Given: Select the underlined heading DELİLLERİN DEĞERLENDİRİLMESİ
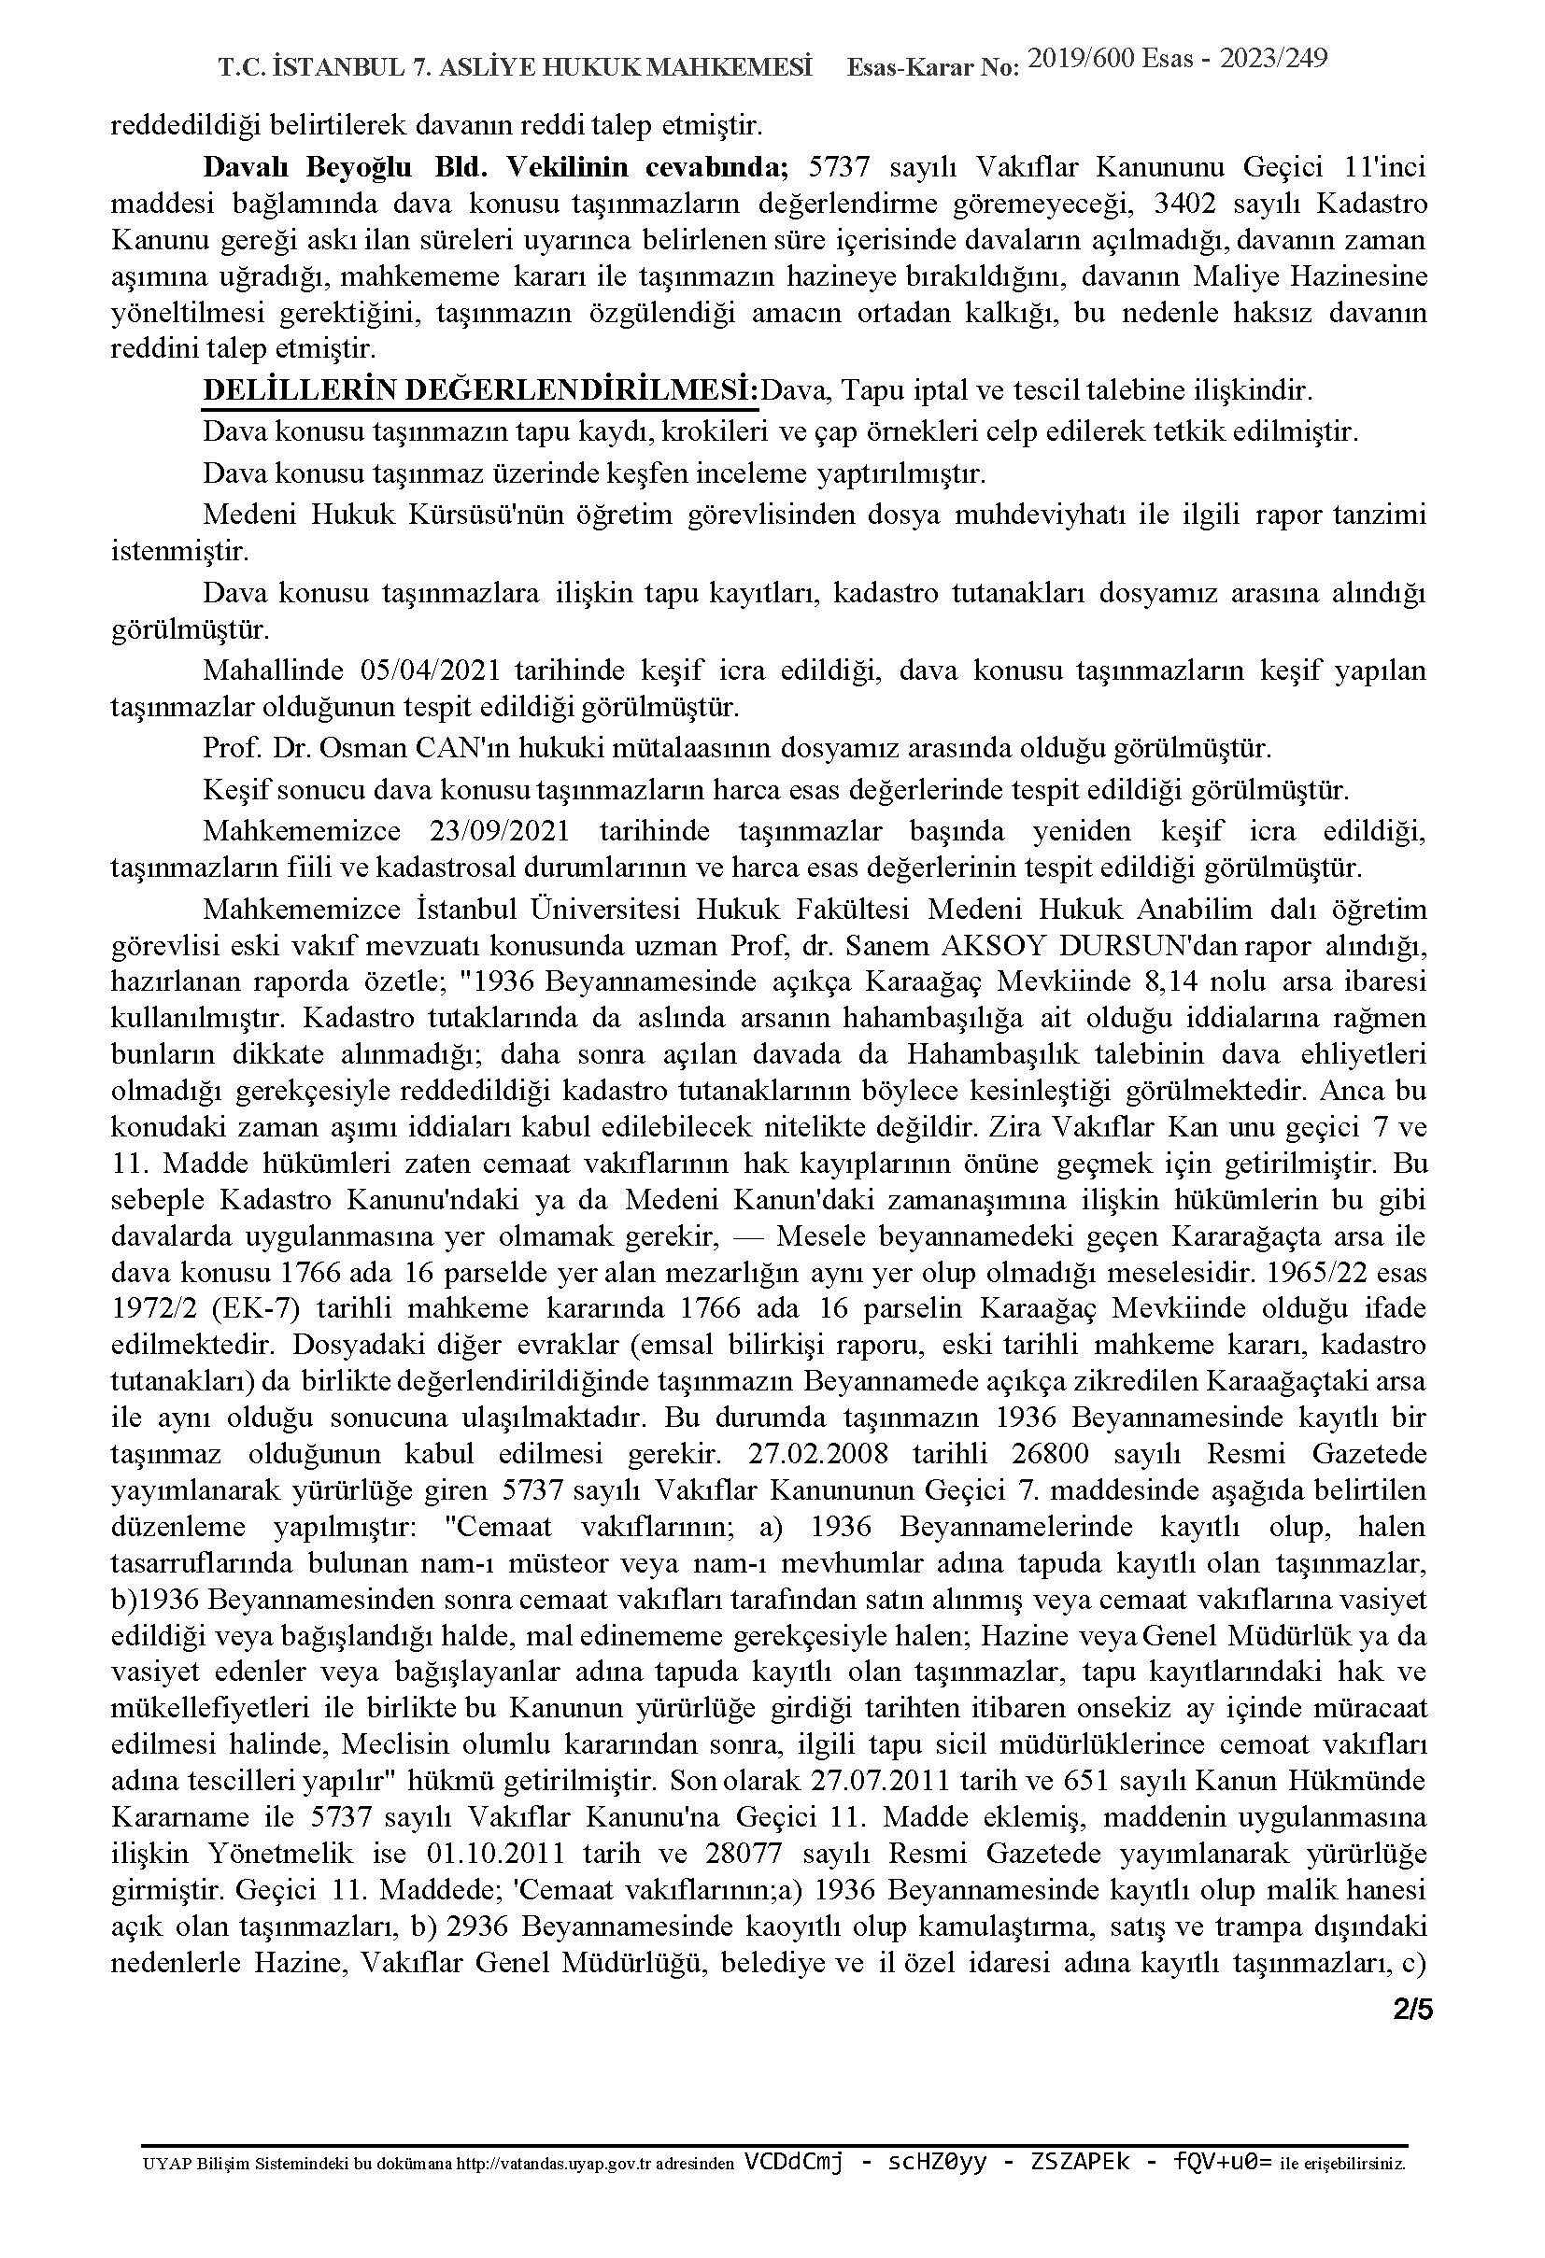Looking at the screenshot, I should click(480, 390).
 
